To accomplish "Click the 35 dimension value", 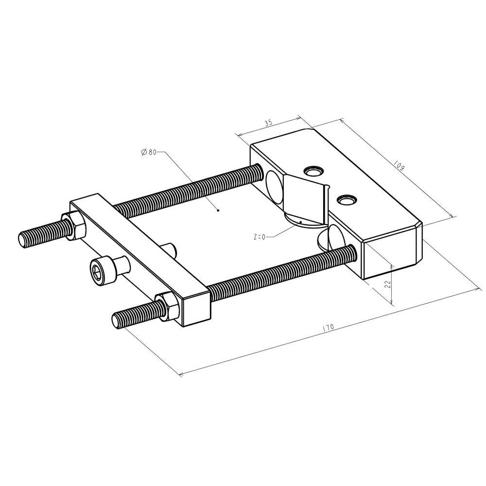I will point(269,124).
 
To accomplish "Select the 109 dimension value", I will point(399,167).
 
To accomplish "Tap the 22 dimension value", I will point(387,284).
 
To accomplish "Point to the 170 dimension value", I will point(328,328).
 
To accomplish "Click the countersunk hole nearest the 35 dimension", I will point(313,171).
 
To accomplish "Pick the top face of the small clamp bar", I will point(141,245).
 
